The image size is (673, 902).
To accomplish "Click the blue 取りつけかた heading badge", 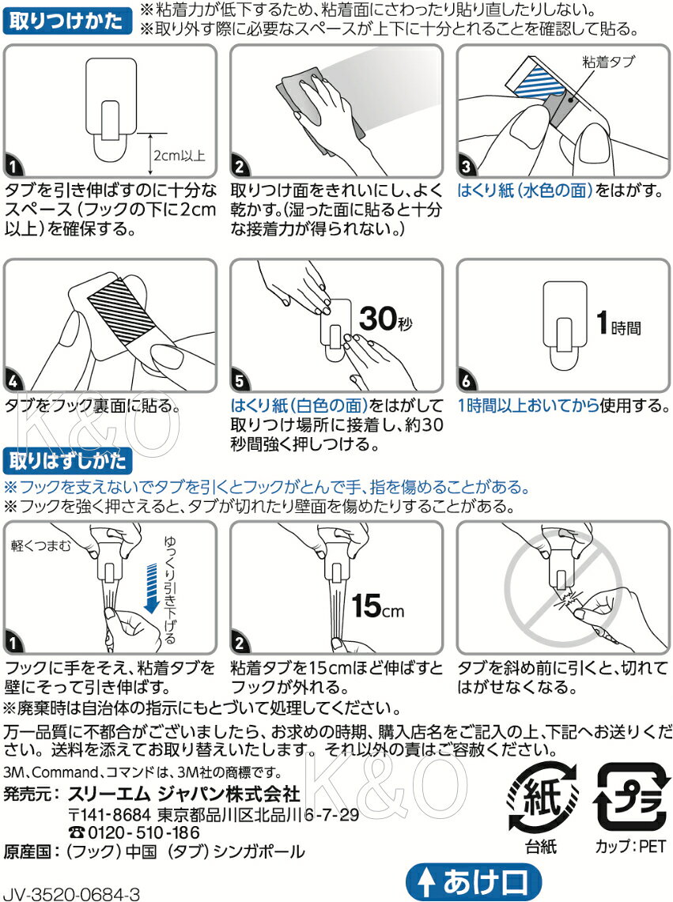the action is (x=67, y=21).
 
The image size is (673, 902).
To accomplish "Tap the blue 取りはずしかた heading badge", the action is (x=67, y=461).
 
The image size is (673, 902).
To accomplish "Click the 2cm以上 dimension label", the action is (x=179, y=155).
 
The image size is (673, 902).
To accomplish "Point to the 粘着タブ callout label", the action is (x=608, y=62).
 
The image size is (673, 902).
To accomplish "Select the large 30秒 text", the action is (x=386, y=318).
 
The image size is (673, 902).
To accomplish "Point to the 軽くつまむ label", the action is (x=41, y=545).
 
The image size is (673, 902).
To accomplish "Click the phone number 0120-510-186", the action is (x=134, y=832).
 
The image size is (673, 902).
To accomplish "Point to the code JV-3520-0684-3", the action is (x=71, y=894).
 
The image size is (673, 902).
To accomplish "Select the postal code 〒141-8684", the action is (x=109, y=814).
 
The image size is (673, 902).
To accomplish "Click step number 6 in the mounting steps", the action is (x=467, y=380).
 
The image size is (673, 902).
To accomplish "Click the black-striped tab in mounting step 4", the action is (x=123, y=308).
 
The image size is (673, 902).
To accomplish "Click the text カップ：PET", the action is (x=630, y=846).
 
